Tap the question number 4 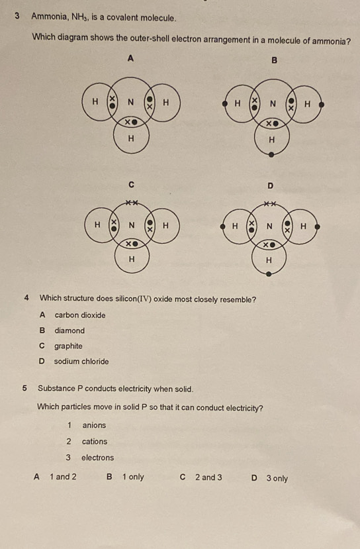pos(26,298)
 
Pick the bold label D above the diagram pos(269,186)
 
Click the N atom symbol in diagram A pos(131,102)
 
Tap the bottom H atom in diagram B pos(271,140)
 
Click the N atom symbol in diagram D pos(269,226)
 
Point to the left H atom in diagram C pos(97,225)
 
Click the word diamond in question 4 pos(69,330)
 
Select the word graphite pos(68,346)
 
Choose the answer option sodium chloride pos(81,362)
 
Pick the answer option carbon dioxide pos(79,315)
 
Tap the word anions pos(94,425)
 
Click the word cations pos(95,441)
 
